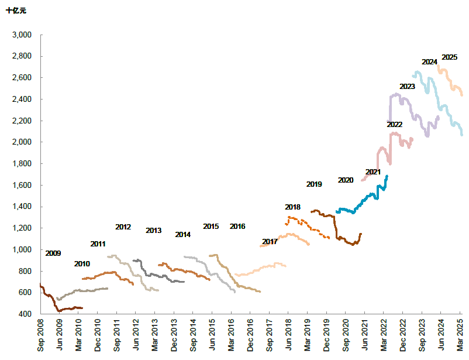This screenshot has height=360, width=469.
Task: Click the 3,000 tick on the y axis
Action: (22, 35)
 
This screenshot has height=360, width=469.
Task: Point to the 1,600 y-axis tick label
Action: (22, 185)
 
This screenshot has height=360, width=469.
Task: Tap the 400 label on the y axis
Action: (26, 314)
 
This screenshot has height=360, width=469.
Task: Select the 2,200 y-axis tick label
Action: (22, 121)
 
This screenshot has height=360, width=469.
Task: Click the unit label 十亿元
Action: (16, 11)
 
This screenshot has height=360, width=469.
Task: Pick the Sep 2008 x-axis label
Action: (40, 337)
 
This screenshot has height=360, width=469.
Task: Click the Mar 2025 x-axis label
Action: (460, 337)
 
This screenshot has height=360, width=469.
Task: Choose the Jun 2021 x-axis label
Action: (364, 337)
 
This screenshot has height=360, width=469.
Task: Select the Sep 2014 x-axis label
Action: (192, 337)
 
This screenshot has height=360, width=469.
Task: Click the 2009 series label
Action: (53, 253)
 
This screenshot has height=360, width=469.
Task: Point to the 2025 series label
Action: (449, 57)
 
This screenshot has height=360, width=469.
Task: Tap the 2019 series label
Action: (314, 184)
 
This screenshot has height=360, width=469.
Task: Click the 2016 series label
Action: (237, 227)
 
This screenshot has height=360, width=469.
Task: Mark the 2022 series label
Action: (394, 125)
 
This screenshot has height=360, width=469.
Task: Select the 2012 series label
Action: (123, 227)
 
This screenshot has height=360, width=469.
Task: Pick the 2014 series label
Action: (182, 235)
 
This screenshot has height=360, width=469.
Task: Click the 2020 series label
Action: (346, 180)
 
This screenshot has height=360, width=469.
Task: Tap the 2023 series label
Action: (407, 87)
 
